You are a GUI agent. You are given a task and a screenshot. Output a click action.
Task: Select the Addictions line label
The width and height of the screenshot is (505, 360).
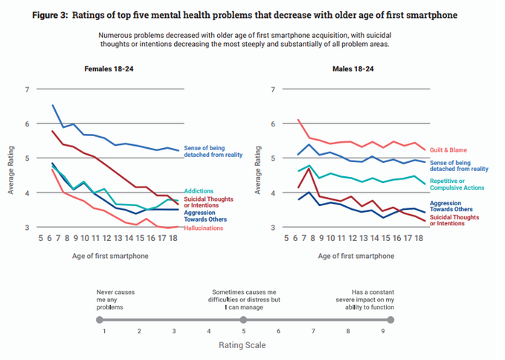[x=200, y=191]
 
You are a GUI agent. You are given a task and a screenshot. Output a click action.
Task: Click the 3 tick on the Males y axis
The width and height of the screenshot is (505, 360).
[x=274, y=228]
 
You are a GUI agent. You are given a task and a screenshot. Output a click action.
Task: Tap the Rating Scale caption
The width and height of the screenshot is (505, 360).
[x=242, y=345]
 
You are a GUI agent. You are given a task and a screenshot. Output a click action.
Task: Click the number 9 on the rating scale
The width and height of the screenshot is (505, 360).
[x=382, y=332]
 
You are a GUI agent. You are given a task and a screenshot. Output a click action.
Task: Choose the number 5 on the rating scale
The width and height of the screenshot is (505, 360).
[x=243, y=332]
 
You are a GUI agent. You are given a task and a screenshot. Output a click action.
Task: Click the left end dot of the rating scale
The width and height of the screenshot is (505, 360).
[x=100, y=319]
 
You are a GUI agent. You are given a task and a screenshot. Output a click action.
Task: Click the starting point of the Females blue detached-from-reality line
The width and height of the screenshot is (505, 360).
[x=52, y=106]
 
